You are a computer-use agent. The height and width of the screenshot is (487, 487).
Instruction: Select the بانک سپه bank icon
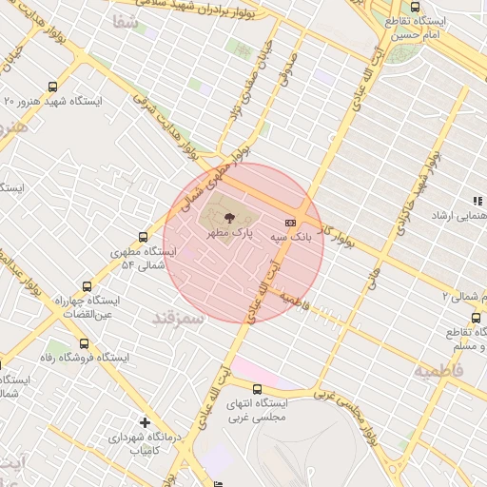(290, 222)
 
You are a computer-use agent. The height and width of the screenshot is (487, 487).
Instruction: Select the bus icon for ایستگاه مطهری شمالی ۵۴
(144, 237)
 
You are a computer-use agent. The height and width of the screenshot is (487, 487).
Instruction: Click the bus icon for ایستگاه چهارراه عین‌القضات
(88, 285)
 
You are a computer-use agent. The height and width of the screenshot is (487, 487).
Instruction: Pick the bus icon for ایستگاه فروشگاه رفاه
(85, 343)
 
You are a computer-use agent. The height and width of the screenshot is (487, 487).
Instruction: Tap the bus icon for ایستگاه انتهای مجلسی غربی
(258, 388)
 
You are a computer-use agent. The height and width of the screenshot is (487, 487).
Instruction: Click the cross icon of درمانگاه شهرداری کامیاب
(145, 421)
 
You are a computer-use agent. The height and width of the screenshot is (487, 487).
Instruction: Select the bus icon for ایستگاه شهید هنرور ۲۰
(64, 86)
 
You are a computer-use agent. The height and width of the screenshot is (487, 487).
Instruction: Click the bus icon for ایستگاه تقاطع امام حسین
(414, 7)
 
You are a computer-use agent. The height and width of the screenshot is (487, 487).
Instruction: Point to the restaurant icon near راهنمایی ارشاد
(477, 201)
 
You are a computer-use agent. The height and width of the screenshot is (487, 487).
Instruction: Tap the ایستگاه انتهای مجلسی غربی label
(258, 410)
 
